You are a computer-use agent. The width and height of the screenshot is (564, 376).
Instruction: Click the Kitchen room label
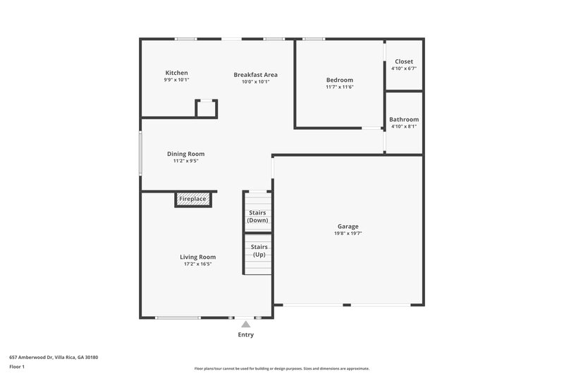[176, 73]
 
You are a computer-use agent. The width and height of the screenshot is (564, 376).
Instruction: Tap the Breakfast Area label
[255, 74]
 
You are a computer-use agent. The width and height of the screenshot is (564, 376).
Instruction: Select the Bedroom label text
[339, 80]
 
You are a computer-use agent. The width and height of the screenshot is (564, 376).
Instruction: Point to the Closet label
[404, 61]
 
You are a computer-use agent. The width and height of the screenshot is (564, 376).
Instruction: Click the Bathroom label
[404, 119]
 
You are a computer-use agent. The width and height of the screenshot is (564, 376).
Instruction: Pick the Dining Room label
[185, 154]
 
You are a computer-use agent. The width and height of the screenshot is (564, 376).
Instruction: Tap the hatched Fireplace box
[192, 200]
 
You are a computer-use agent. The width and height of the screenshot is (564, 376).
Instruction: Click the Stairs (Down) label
[257, 217]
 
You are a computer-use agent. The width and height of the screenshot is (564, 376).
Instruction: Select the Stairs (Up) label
[258, 250]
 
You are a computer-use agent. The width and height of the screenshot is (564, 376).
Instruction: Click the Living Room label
[197, 257]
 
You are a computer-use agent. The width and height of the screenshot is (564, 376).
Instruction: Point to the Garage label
[348, 226]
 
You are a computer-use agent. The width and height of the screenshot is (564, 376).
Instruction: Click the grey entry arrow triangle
[245, 325]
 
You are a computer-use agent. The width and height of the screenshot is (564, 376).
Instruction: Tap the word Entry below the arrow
[245, 335]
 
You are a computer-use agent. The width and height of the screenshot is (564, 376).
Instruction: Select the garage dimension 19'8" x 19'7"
[348, 234]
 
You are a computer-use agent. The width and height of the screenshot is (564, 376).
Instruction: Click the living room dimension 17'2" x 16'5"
[197, 265]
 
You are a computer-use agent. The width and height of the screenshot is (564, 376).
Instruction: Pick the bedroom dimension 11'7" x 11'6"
[339, 87]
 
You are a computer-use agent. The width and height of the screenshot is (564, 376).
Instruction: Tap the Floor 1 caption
[17, 368]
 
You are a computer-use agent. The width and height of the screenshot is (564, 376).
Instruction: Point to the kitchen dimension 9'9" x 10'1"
[176, 80]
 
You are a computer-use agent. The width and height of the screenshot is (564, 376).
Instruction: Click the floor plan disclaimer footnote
[281, 368]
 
